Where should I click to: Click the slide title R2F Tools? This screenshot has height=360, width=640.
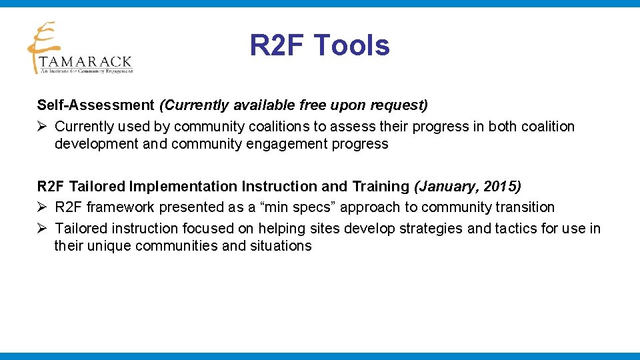[319, 45]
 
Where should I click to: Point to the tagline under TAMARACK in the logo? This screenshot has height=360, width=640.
[87, 71]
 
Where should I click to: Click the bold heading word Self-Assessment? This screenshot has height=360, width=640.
[95, 105]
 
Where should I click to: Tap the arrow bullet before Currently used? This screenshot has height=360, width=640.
[42, 127]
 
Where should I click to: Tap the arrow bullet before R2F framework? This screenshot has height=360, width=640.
[42, 208]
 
